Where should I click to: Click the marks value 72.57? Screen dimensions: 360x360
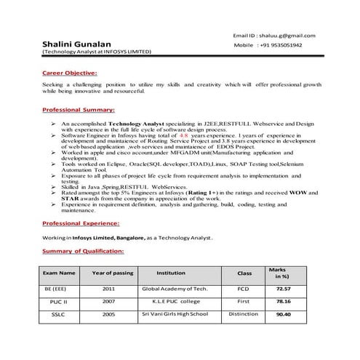(284, 288)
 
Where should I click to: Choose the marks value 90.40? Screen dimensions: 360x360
(284, 314)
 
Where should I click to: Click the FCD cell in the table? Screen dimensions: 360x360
(244, 288)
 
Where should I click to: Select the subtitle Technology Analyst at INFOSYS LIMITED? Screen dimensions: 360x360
(96, 52)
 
